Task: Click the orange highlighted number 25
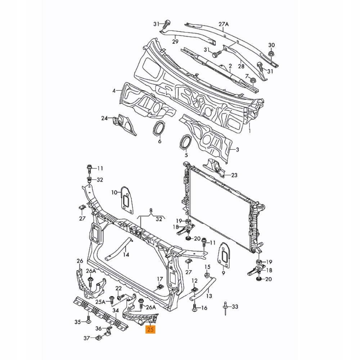pyautogui.click(x=150, y=329)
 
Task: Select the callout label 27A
pyautogui.click(x=224, y=24)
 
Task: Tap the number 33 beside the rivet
pyautogui.click(x=235, y=307)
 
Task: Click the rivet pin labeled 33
pyautogui.click(x=225, y=308)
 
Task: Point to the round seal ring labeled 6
pyautogui.click(x=158, y=129)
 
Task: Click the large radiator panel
pyautogui.click(x=220, y=209)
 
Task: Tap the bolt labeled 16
pyautogui.click(x=194, y=308)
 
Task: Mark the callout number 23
pyautogui.click(x=234, y=175)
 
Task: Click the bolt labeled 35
pyautogui.click(x=88, y=319)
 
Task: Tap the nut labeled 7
pyautogui.click(x=252, y=80)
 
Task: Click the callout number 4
pyautogui.click(x=114, y=91)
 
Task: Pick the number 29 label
pyautogui.click(x=175, y=42)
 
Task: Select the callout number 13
pyautogui.click(x=209, y=296)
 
